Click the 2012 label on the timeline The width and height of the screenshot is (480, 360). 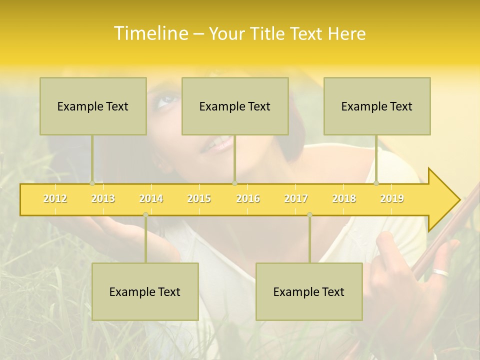(55, 198)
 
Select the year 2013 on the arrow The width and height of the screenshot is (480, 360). (103, 198)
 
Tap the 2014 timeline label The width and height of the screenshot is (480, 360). (151, 198)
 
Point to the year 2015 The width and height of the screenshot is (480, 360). (199, 198)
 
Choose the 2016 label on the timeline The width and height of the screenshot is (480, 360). (248, 198)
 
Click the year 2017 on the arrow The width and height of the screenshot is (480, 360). (296, 198)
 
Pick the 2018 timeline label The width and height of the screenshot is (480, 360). (344, 198)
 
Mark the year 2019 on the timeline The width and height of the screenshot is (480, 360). (392, 198)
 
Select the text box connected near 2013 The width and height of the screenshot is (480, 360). (93, 106)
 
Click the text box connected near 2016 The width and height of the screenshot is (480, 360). (235, 106)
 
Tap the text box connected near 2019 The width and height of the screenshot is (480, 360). (377, 106)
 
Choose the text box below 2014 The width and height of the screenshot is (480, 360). (145, 291)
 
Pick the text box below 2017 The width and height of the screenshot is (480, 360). (309, 291)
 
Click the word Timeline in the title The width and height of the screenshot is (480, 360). (150, 33)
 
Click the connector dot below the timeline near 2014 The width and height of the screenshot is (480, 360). (145, 215)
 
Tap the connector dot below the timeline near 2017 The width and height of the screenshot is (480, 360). (309, 215)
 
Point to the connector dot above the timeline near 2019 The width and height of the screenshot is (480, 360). (376, 183)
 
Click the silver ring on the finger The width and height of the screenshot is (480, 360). (441, 273)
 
